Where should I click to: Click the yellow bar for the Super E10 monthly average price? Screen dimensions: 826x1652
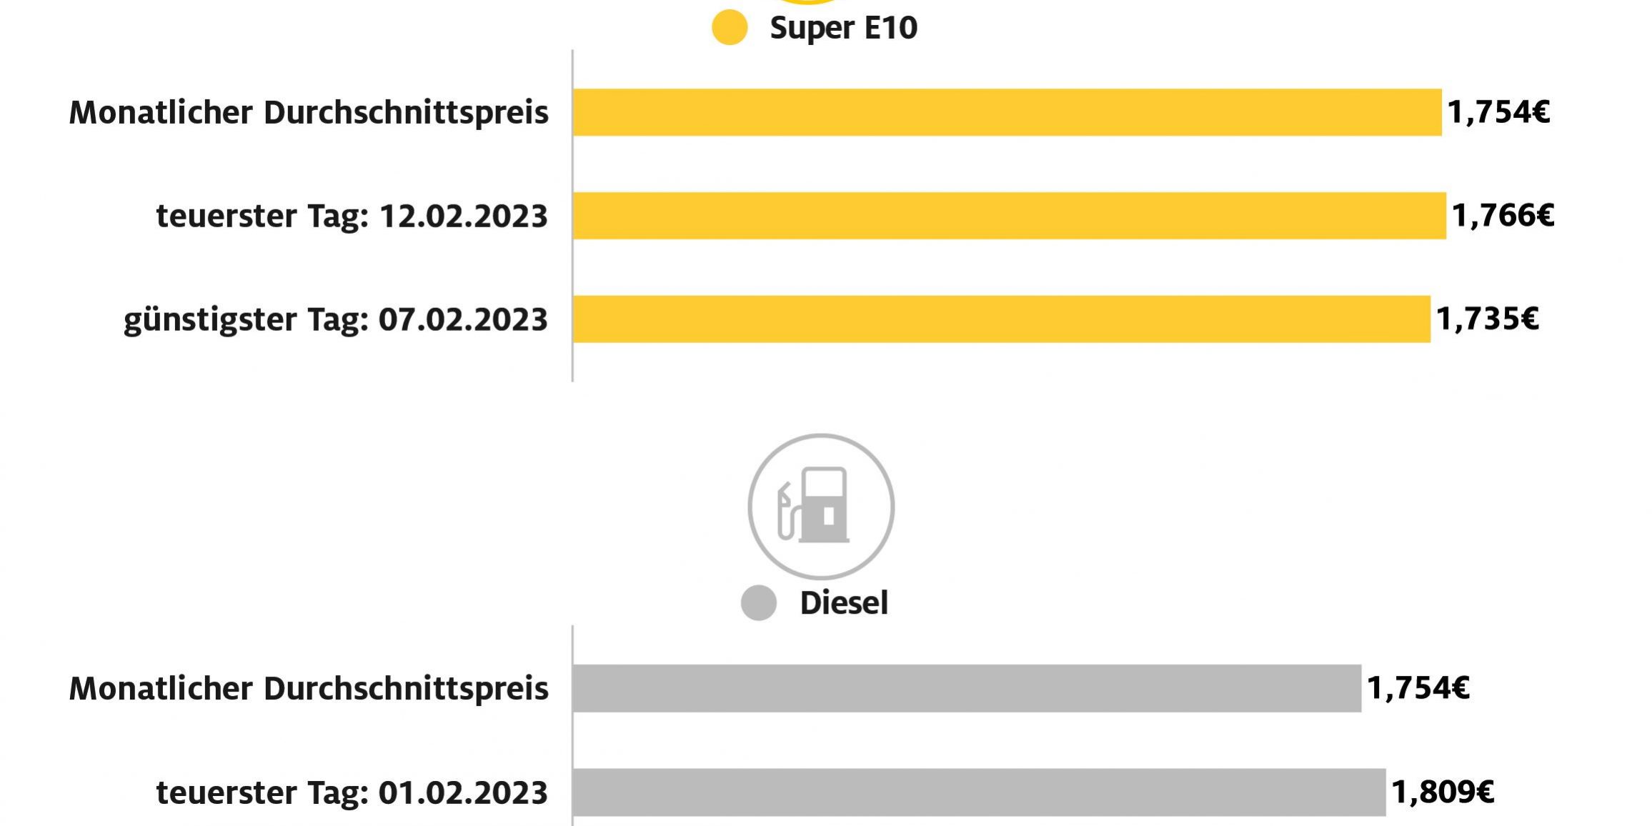click(x=1006, y=112)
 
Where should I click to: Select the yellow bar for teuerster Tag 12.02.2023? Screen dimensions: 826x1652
click(x=1009, y=215)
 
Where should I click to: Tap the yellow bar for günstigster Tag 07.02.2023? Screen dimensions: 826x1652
click(x=1000, y=319)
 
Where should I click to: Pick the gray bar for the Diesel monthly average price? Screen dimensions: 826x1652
click(x=966, y=688)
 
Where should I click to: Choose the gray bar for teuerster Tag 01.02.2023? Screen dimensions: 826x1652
click(x=979, y=792)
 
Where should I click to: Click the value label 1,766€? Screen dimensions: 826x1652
click(x=1503, y=215)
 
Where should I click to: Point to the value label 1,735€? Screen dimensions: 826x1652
click(x=1487, y=319)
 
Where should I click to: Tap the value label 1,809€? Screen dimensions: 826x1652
click(x=1443, y=792)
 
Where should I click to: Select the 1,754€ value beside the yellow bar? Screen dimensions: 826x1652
click(x=1498, y=112)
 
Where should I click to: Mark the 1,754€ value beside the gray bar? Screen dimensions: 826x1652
click(x=1418, y=688)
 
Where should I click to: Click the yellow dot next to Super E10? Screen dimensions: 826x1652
click(x=730, y=28)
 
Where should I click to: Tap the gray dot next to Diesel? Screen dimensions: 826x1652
click(x=758, y=603)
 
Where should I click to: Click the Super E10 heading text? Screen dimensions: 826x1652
click(x=843, y=28)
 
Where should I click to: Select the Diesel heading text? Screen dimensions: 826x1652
click(x=844, y=603)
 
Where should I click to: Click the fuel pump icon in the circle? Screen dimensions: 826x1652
click(x=821, y=506)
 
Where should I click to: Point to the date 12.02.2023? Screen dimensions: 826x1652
click(x=463, y=216)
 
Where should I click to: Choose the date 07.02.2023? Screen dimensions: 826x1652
click(x=463, y=319)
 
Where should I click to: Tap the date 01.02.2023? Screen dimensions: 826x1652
click(x=463, y=792)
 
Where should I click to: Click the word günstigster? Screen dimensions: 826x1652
click(x=210, y=320)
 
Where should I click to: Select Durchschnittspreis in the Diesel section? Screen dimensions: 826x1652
click(x=406, y=689)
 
